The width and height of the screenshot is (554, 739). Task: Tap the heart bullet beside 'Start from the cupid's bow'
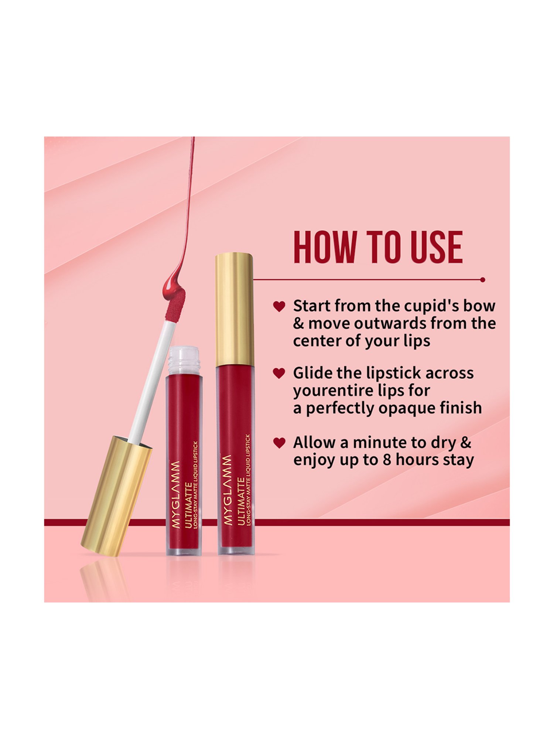(279, 306)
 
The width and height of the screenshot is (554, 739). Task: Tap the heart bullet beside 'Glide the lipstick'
(279, 373)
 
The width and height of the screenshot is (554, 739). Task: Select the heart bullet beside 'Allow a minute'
(279, 443)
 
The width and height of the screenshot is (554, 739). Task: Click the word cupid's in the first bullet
(431, 306)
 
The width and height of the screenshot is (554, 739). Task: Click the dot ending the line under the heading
(482, 280)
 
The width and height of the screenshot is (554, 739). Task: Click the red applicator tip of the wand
(175, 307)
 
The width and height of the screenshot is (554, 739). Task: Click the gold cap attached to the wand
(116, 495)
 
